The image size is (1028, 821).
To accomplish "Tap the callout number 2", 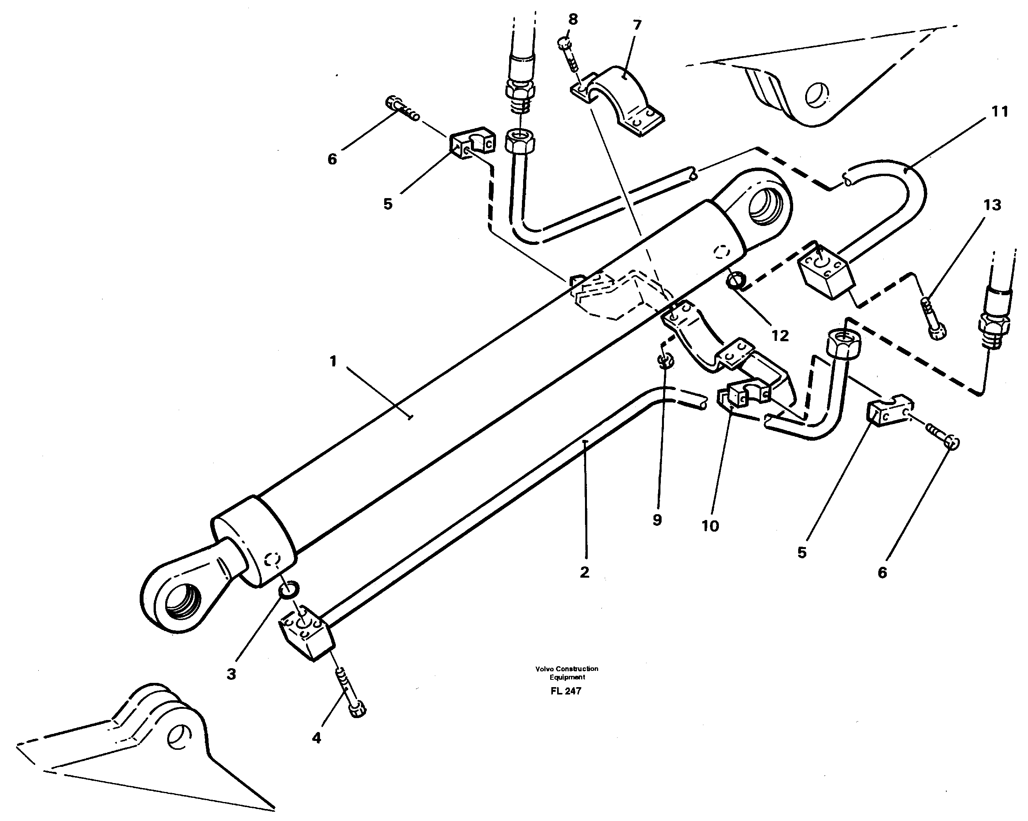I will click(x=585, y=572).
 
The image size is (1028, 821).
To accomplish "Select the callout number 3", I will click(x=231, y=674).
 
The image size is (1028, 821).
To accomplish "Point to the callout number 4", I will click(x=316, y=738).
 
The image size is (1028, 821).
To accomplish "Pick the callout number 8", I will click(x=573, y=20).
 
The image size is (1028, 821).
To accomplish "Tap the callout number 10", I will click(x=710, y=526).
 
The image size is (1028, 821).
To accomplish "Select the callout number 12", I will click(x=780, y=336).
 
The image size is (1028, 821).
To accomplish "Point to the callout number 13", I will click(x=992, y=205).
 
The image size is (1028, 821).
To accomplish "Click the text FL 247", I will click(x=566, y=691).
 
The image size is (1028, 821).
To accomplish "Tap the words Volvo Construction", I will click(x=566, y=669).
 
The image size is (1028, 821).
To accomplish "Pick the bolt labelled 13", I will click(x=932, y=318).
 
